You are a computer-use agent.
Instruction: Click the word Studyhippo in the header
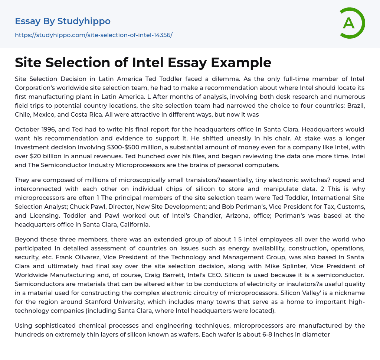pyautogui.click(x=84, y=21)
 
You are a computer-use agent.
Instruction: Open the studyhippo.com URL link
pyautogui.click(x=94, y=35)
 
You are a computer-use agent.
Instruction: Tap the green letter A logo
pyautogui.click(x=349, y=23)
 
